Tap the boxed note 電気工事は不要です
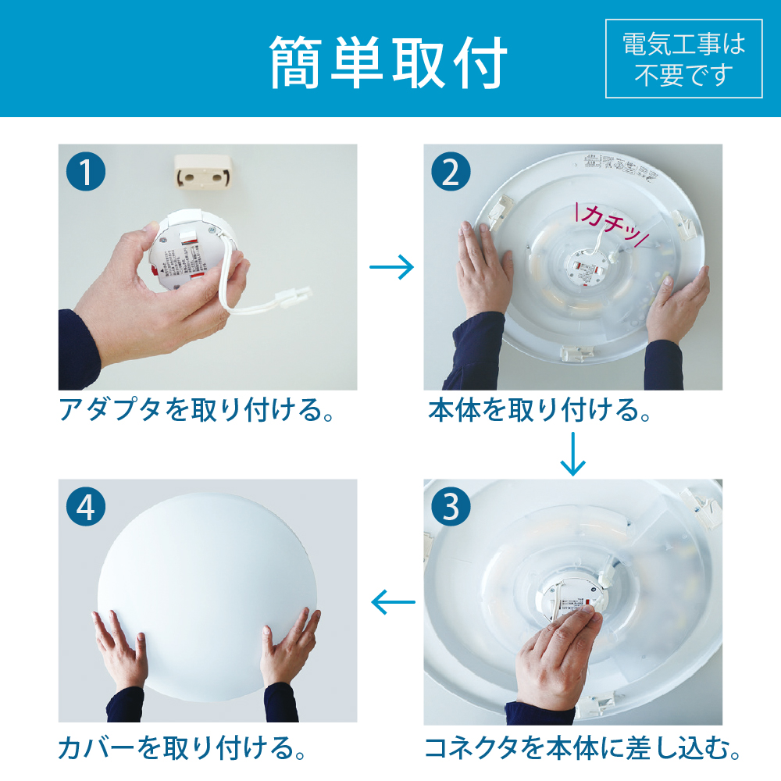click(x=683, y=59)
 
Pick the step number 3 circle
click(x=451, y=507)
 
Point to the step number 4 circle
click(x=85, y=507)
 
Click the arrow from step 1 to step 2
click(x=390, y=268)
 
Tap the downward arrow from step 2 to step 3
click(x=572, y=453)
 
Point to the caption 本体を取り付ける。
click(x=539, y=410)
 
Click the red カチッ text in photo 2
click(x=607, y=222)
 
